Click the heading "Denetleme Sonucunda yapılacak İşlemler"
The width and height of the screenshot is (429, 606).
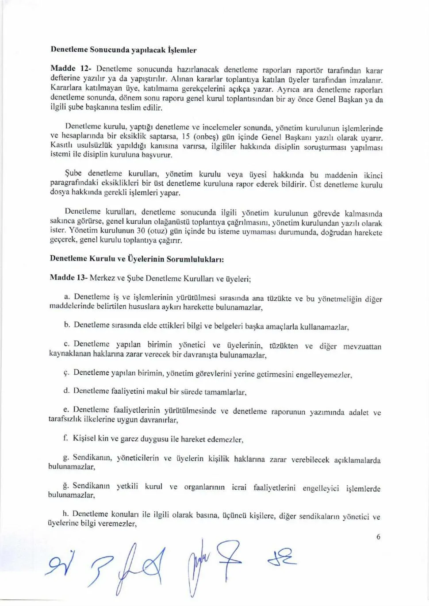click(x=123, y=50)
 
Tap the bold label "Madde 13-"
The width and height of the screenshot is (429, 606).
click(x=69, y=277)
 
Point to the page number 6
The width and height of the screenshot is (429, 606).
click(x=378, y=537)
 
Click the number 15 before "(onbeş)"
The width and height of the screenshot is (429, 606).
click(x=186, y=137)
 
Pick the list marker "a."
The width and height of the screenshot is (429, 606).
click(x=67, y=296)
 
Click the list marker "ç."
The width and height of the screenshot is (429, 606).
click(x=66, y=372)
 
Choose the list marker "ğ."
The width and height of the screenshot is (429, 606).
click(x=66, y=486)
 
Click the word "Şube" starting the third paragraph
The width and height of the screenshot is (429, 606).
click(x=73, y=173)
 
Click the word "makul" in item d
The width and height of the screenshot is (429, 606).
click(x=156, y=391)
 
